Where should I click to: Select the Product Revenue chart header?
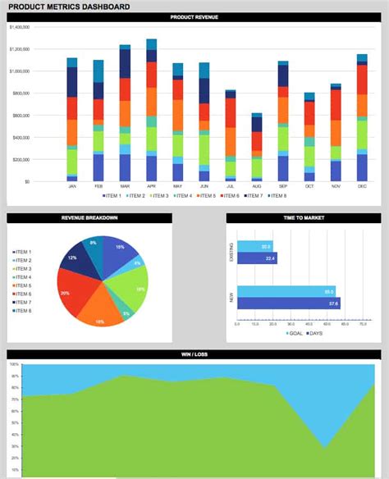(194, 17)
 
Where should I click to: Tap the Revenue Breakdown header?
(89, 218)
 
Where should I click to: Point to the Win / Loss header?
(194, 354)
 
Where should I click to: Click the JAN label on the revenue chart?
(71, 186)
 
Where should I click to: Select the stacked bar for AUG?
(257, 147)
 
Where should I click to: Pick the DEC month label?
(362, 186)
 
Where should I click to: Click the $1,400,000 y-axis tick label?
(20, 27)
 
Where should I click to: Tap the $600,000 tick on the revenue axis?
(21, 115)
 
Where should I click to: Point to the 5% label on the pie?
(126, 314)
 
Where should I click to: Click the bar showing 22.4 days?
(257, 258)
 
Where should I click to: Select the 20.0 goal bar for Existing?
(254, 246)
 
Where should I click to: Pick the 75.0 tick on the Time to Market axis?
(364, 324)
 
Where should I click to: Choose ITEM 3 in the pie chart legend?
(22, 269)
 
